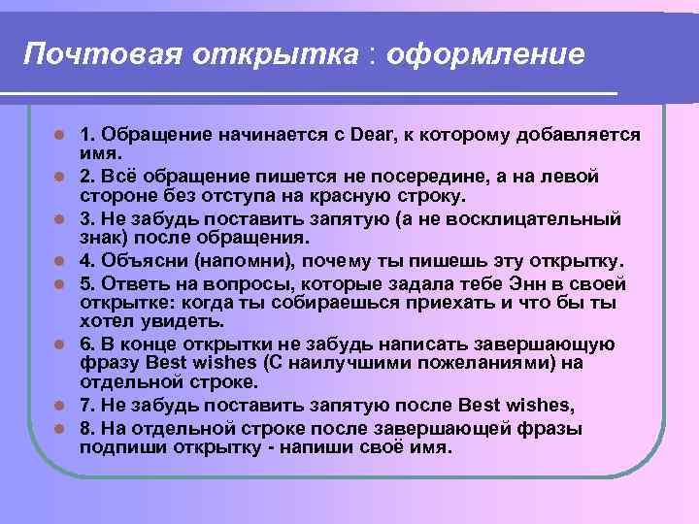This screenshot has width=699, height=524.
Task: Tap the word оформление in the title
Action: pyautogui.click(x=485, y=54)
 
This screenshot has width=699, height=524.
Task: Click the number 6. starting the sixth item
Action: pyautogui.click(x=87, y=344)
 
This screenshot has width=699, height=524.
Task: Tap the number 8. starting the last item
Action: pyautogui.click(x=87, y=429)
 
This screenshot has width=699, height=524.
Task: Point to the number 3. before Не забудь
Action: pyautogui.click(x=87, y=218)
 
